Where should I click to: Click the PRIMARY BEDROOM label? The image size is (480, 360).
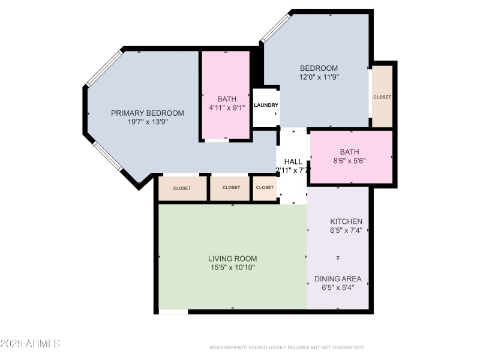click(x=147, y=113)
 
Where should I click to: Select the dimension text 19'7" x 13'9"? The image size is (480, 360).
click(x=147, y=122)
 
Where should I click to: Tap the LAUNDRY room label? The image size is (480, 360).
click(x=266, y=106)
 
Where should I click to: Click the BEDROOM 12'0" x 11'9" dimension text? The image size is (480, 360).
click(x=319, y=77)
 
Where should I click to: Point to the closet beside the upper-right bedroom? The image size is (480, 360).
click(x=382, y=97)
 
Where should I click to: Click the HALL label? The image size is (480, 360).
click(x=293, y=161)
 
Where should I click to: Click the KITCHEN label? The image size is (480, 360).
click(x=346, y=221)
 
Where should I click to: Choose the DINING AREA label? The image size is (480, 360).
click(x=338, y=278)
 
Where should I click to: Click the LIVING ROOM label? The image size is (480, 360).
click(x=233, y=259)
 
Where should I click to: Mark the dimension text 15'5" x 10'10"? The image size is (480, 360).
click(x=233, y=268)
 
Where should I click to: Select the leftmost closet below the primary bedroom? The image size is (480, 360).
click(x=182, y=188)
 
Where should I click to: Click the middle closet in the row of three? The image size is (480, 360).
click(x=230, y=188)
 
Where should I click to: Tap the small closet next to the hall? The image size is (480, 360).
click(x=264, y=188)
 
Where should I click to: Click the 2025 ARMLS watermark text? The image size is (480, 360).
click(x=30, y=344)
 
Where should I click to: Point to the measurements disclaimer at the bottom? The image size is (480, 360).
click(x=287, y=347)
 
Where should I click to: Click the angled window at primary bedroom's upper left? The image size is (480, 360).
click(x=104, y=68)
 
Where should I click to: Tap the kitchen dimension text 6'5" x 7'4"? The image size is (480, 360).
click(x=346, y=230)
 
